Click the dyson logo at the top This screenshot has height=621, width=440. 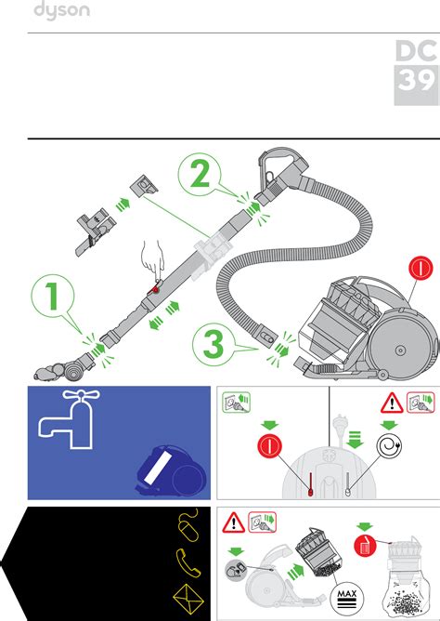tap(61, 10)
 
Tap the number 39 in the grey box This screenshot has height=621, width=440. tap(416, 80)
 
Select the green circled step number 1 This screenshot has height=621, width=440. tap(53, 297)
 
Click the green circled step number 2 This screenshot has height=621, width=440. tap(200, 175)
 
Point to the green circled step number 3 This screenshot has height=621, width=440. tap(214, 344)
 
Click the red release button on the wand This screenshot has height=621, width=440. tap(154, 289)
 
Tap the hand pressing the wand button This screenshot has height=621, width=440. tap(153, 258)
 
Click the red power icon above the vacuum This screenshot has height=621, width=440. tap(421, 268)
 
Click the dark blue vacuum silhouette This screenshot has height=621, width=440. tap(171, 470)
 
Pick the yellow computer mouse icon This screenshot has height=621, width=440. tap(189, 524)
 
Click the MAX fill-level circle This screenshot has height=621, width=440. tap(346, 598)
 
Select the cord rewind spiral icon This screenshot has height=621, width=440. tap(389, 446)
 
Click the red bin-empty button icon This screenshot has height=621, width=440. tap(366, 546)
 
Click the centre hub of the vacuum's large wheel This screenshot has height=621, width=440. tap(400, 350)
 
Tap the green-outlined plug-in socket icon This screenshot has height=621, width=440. tap(237, 402)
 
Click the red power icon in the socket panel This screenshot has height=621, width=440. tap(269, 446)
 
